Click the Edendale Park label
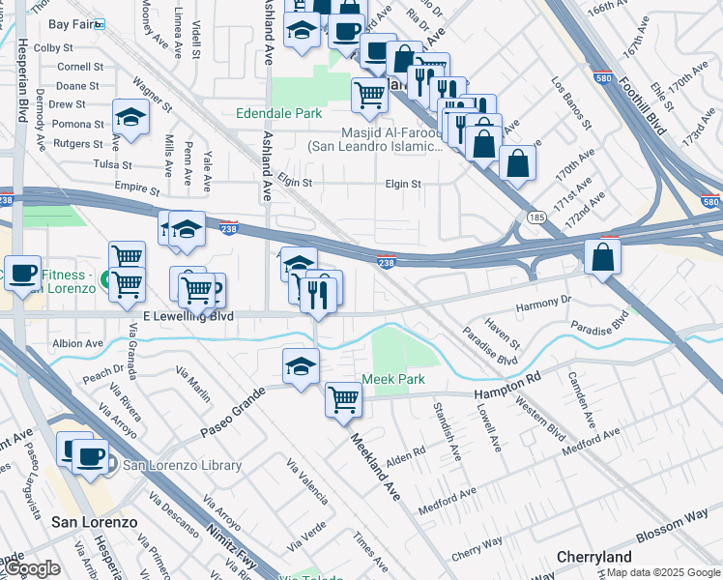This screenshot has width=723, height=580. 279,113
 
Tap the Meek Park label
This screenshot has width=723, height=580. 393,379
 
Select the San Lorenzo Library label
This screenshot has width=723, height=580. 174,466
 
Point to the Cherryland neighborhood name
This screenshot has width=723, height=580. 594,557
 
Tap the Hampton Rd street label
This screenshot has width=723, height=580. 506,388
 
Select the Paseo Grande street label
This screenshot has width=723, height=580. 232,411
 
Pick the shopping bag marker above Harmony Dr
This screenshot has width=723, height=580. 602,257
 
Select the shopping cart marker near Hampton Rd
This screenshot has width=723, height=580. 344,398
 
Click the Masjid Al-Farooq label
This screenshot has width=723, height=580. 376,140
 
